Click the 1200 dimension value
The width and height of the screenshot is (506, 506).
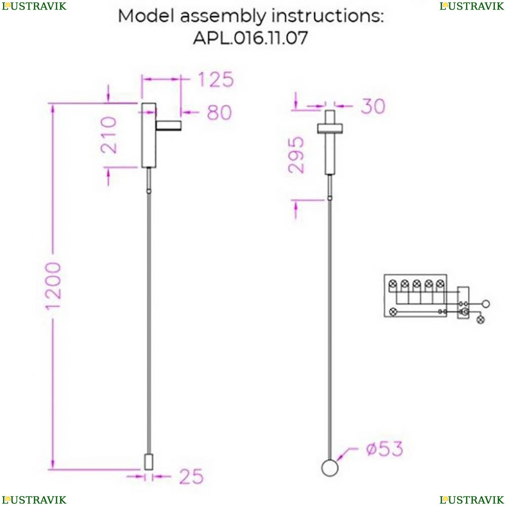click(x=54, y=286)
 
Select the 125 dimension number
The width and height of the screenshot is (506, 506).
click(x=215, y=80)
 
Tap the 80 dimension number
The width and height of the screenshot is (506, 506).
click(x=219, y=113)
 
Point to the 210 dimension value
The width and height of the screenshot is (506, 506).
click(x=109, y=135)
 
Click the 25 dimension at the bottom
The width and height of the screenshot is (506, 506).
click(x=191, y=476)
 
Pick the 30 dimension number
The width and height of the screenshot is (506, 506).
click(x=373, y=106)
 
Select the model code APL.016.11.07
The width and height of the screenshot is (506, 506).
click(x=250, y=38)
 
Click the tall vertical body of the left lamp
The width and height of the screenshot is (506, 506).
click(x=148, y=135)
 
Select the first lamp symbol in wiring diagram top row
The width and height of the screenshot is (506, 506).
click(x=392, y=284)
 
